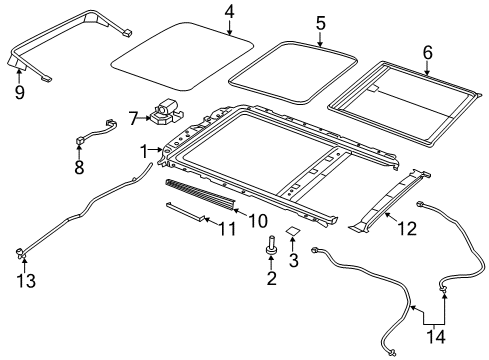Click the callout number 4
(x=230, y=12)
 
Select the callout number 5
(x=321, y=21)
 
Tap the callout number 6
(x=427, y=50)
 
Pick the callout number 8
(x=79, y=168)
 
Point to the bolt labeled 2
(x=270, y=244)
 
